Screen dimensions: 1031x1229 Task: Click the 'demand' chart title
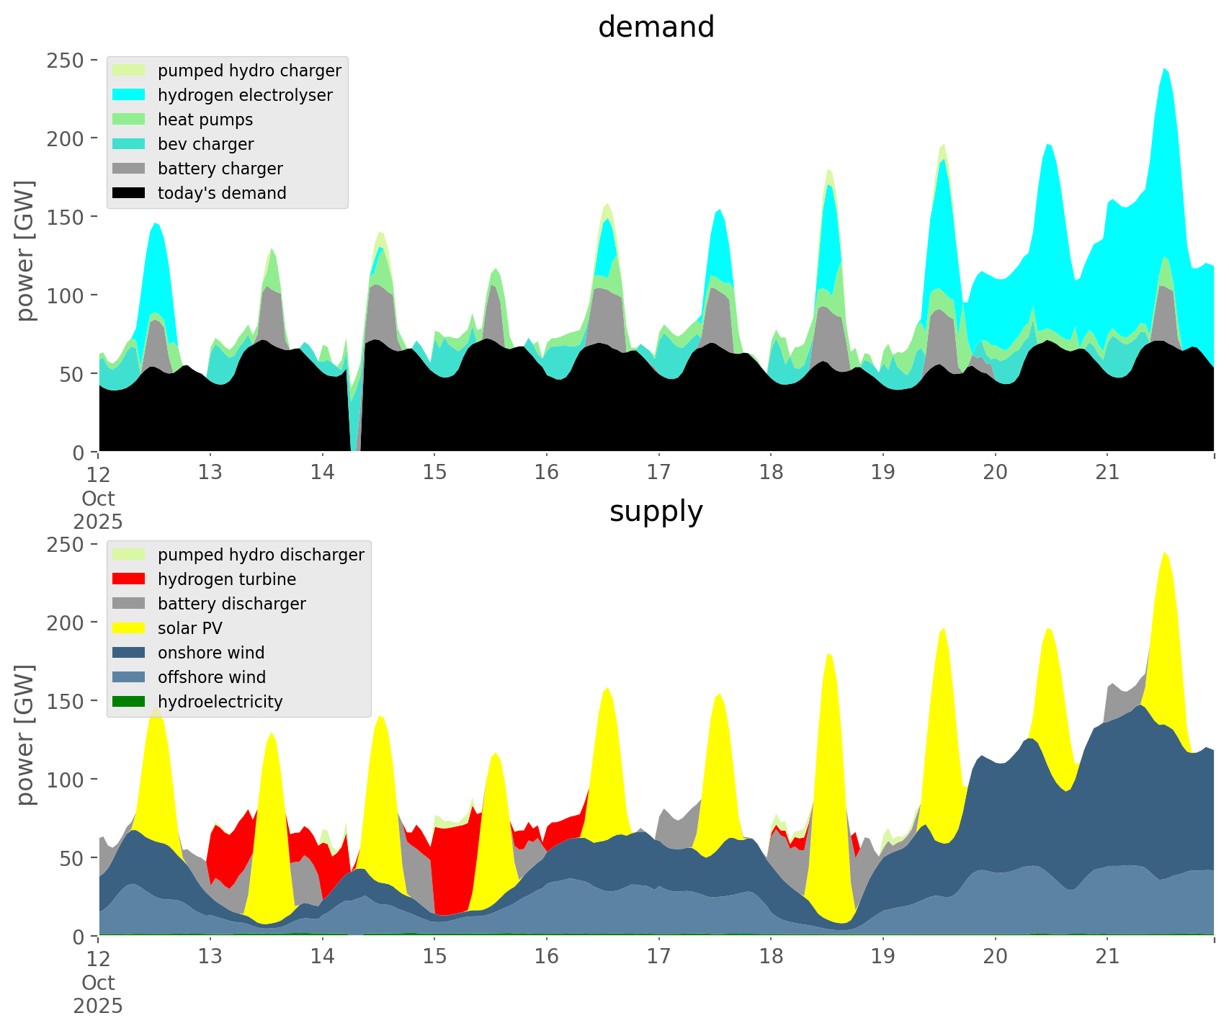coord(656,27)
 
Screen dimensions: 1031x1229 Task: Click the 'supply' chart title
coord(656,512)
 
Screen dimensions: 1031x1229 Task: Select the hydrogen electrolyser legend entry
coord(245,95)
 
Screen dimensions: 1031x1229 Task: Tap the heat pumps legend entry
coord(205,120)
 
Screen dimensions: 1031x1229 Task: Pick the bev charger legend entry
coord(205,144)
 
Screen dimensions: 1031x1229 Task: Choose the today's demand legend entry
coord(222,193)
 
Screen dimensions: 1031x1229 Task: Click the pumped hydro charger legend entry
coord(249,71)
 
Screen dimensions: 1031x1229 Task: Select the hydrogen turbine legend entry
coord(227,579)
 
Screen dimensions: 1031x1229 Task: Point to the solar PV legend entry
coord(190,628)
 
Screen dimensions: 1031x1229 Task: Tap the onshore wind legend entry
coord(211,653)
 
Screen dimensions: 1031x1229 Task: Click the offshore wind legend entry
coord(212,677)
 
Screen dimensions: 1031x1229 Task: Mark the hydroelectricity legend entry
coord(220,702)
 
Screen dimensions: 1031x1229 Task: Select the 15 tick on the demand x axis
coord(434,473)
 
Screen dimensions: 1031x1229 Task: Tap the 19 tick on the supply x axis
coord(883,957)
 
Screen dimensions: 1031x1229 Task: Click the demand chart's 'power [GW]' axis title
coord(25,251)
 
